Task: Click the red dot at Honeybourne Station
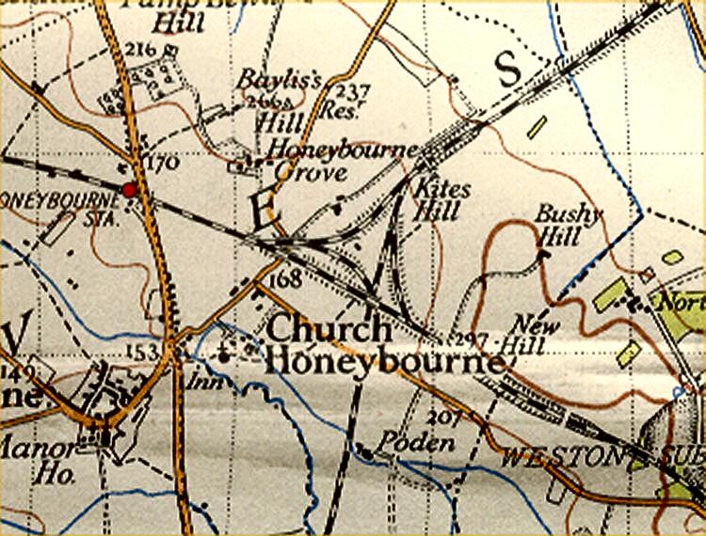click(x=129, y=191)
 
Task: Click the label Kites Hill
click(x=438, y=199)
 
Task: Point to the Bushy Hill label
click(x=568, y=225)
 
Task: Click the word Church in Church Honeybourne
click(x=329, y=330)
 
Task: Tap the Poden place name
click(x=408, y=443)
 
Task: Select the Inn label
click(x=199, y=382)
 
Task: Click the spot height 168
click(x=283, y=281)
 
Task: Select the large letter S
click(x=506, y=69)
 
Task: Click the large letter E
click(x=263, y=210)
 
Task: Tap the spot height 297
click(x=467, y=339)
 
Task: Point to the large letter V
click(x=16, y=335)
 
